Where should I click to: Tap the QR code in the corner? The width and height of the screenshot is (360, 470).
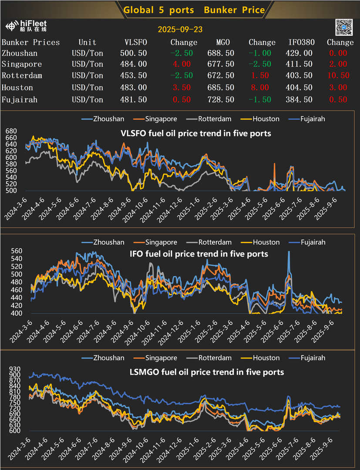click(x=343, y=27)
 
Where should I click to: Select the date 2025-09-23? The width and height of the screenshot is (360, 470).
click(x=179, y=30)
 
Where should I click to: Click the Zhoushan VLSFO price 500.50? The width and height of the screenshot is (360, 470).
click(x=133, y=53)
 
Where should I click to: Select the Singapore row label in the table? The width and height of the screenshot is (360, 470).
click(x=22, y=64)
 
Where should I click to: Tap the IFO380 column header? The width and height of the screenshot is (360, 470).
click(x=300, y=42)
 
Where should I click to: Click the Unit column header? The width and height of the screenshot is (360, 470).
click(x=87, y=42)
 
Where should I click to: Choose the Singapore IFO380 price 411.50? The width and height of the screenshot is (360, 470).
click(x=300, y=64)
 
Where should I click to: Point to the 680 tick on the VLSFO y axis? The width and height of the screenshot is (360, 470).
click(x=10, y=131)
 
